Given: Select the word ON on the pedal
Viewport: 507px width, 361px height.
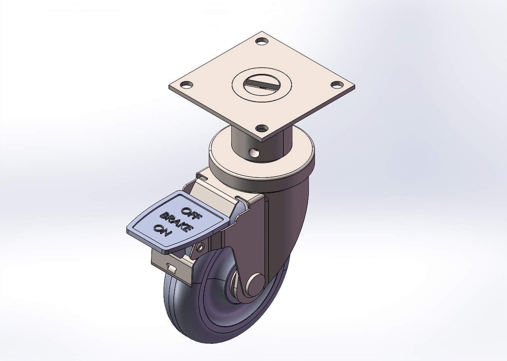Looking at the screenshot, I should [x=162, y=230].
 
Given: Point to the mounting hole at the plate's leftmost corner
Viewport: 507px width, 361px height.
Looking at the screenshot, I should [x=186, y=85].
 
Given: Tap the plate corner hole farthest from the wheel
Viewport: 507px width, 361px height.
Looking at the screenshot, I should [x=261, y=40].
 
